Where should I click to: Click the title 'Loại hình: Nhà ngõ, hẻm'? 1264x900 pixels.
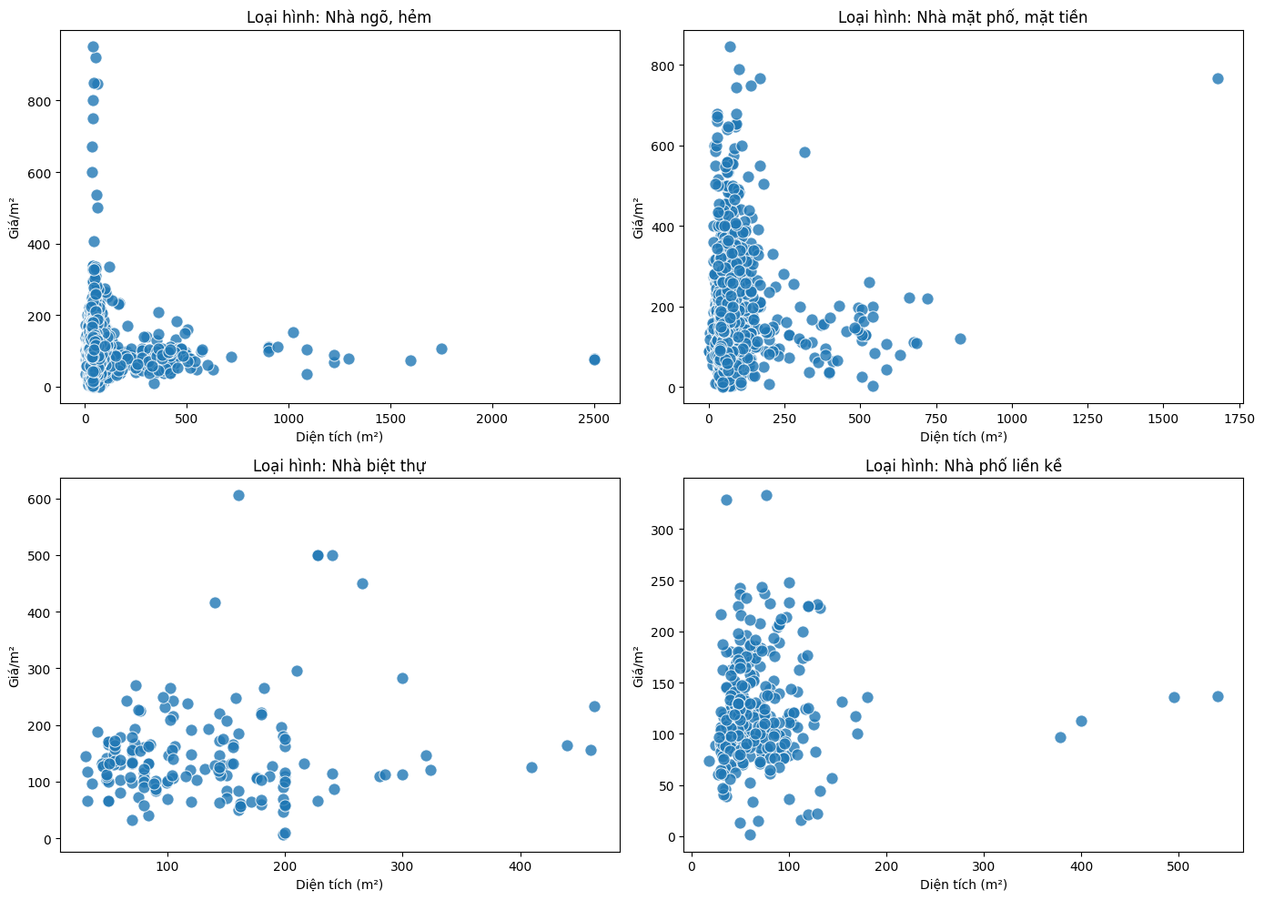(x=339, y=17)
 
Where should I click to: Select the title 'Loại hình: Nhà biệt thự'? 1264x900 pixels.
(x=339, y=466)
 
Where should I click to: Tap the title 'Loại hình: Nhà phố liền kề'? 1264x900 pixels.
(x=963, y=466)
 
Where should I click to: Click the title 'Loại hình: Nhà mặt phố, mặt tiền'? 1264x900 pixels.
(x=963, y=17)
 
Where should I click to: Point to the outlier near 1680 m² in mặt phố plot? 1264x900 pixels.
(x=1218, y=78)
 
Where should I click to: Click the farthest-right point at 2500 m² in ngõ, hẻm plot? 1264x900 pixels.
(x=594, y=359)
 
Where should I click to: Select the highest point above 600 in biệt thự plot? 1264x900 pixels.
(x=238, y=495)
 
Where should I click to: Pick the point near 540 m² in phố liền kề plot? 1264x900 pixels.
(x=1218, y=696)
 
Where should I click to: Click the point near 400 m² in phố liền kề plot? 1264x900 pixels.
(x=1081, y=721)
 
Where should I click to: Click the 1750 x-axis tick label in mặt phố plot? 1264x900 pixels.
(x=1239, y=419)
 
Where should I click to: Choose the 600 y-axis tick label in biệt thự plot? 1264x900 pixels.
(x=39, y=500)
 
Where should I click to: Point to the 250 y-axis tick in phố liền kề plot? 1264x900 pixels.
(x=664, y=581)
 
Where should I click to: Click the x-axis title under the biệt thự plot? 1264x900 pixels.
(x=339, y=885)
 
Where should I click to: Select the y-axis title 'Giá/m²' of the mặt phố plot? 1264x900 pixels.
(x=639, y=217)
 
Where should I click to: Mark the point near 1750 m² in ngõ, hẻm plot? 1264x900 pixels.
(x=441, y=349)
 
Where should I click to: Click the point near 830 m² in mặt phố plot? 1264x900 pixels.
(x=960, y=339)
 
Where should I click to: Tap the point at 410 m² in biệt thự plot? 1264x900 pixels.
(x=531, y=767)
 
